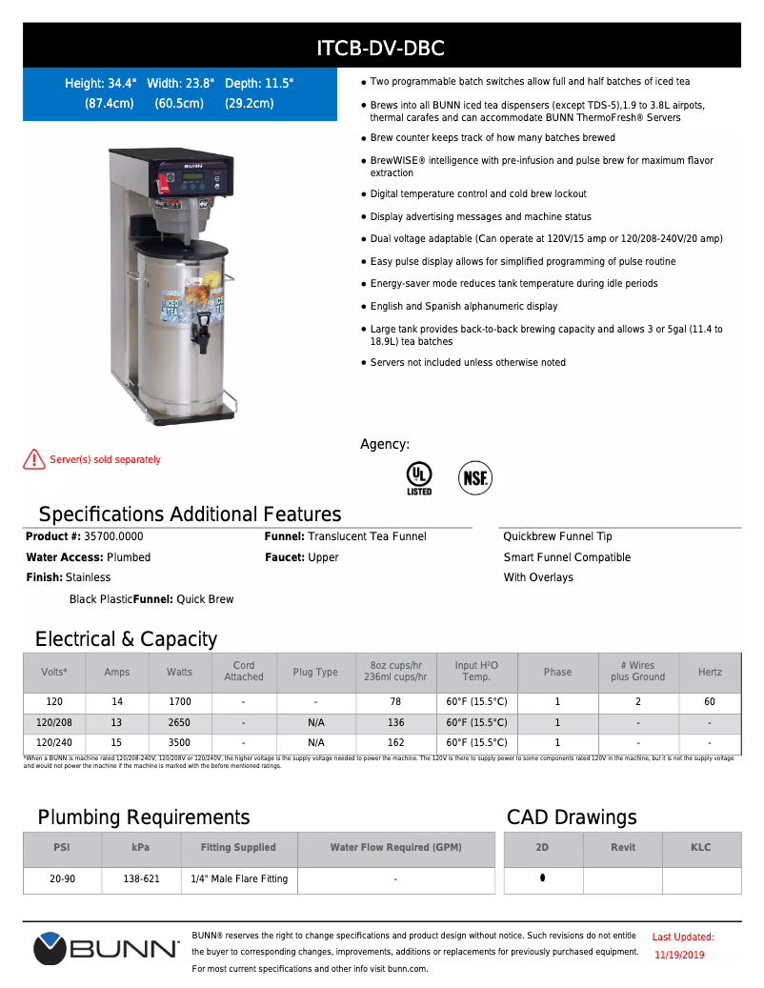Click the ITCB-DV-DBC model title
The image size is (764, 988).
[381, 48]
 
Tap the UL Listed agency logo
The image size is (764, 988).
[419, 477]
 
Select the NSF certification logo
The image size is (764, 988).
[474, 477]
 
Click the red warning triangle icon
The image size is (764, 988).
[34, 459]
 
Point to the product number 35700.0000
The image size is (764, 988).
[113, 536]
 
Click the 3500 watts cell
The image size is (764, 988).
[179, 742]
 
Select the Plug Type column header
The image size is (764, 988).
[315, 672]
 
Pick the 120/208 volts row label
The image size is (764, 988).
[53, 722]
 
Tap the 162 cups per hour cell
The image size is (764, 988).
[395, 742]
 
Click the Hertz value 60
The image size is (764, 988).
[710, 701]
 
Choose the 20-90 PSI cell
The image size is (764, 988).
[63, 879]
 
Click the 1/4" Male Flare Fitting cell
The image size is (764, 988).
[239, 879]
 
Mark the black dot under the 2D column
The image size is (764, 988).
[543, 877]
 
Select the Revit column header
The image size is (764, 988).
[623, 847]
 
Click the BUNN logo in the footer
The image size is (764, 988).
[107, 949]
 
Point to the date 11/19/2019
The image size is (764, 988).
[680, 955]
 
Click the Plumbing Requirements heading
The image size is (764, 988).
[144, 817]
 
